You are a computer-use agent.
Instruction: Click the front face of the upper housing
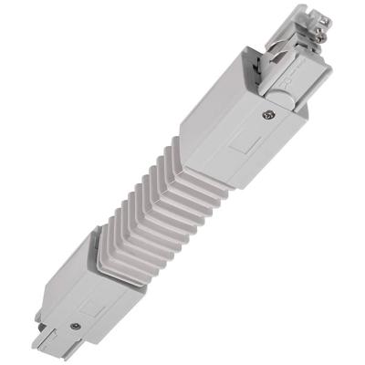click(251, 146)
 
